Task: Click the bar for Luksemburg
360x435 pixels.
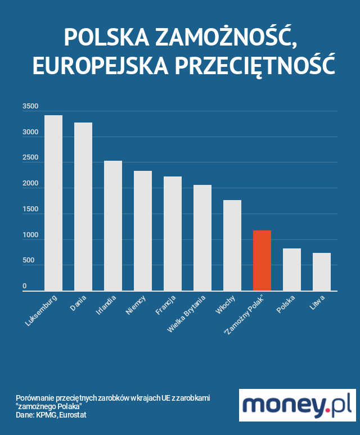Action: (53, 203)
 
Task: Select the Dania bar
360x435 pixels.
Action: (83, 207)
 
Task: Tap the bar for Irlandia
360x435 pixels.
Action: (113, 226)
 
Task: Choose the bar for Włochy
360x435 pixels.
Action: (232, 245)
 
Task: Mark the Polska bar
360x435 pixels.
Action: (292, 269)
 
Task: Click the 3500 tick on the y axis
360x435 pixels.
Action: (30, 106)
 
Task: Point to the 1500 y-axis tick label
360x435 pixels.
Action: (30, 209)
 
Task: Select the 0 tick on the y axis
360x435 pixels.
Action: (25, 287)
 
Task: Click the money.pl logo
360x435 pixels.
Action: (297, 405)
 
